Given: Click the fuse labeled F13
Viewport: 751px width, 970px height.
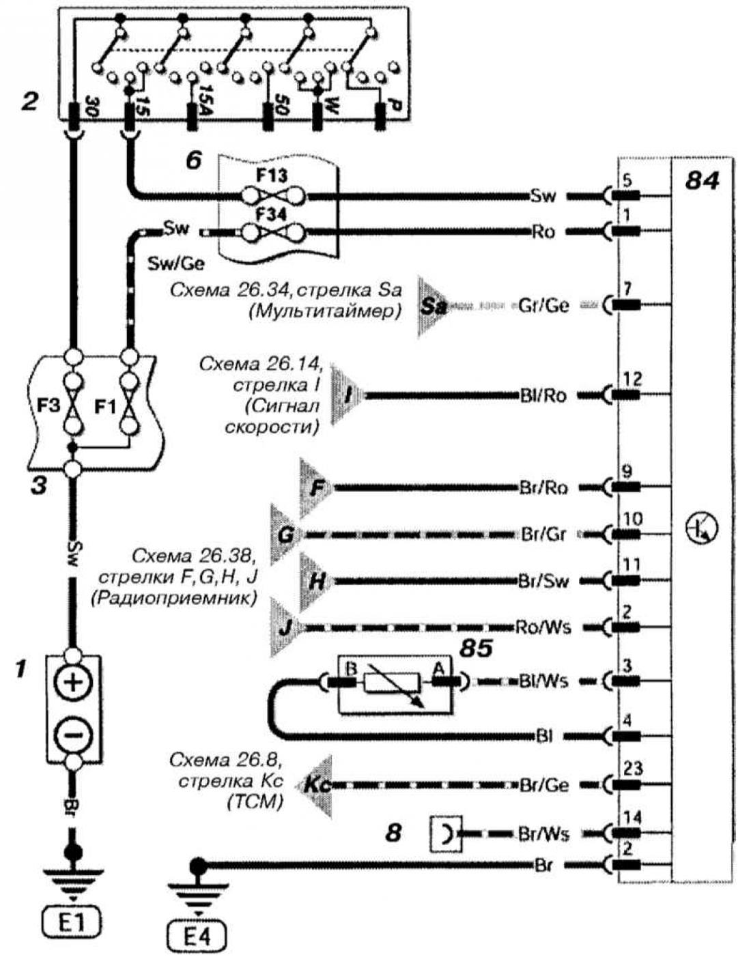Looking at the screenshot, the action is click(x=273, y=195).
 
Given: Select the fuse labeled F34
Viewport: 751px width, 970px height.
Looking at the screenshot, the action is click(x=273, y=231).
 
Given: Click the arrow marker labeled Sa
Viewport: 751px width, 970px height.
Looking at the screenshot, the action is click(x=432, y=306).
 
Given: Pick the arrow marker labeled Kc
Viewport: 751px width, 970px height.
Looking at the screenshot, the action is click(x=317, y=785).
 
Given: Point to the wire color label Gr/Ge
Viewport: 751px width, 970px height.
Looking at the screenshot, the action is click(x=544, y=305).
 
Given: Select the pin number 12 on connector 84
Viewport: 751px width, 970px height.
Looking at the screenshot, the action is click(x=633, y=379).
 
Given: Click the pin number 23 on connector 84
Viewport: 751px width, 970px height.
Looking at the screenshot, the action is click(x=633, y=768).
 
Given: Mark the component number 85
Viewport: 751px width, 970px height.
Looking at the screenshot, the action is click(x=476, y=649).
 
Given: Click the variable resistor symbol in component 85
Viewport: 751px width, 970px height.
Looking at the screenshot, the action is click(x=393, y=683).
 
